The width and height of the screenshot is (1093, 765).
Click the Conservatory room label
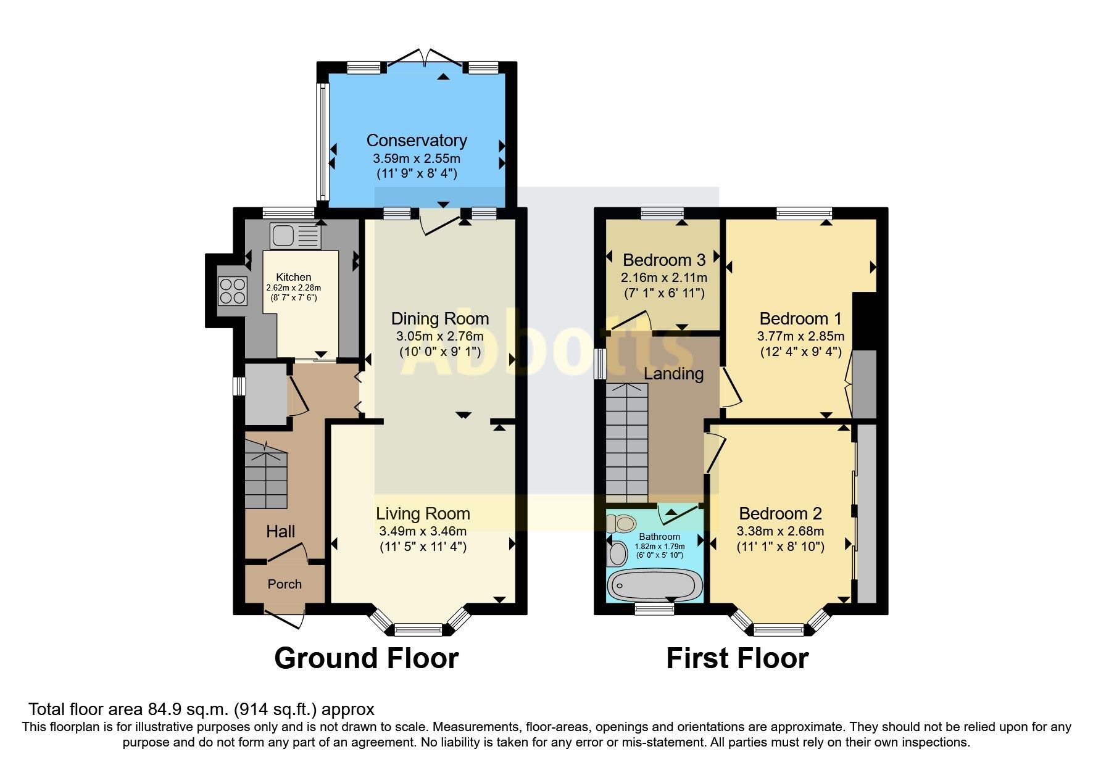click(x=417, y=141)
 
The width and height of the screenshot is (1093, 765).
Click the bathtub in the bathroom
click(x=655, y=585)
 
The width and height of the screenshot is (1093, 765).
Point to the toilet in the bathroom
click(x=621, y=524)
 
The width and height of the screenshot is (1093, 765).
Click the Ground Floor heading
click(x=366, y=658)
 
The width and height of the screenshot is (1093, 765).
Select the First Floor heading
click(x=737, y=658)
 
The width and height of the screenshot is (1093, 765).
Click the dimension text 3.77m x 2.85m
click(x=800, y=336)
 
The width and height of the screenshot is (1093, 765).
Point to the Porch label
click(x=285, y=584)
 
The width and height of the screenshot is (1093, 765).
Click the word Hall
click(x=280, y=531)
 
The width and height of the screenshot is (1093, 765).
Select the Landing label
click(x=673, y=373)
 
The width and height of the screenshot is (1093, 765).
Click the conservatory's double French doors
click(x=425, y=59)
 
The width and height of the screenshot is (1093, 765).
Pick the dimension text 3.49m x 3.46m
click(x=423, y=531)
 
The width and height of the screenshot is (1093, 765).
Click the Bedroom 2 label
click(x=780, y=513)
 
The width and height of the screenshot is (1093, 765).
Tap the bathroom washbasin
click(x=617, y=553)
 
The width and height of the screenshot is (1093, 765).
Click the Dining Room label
click(x=439, y=318)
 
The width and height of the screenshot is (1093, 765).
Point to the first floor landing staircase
click(x=627, y=442)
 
